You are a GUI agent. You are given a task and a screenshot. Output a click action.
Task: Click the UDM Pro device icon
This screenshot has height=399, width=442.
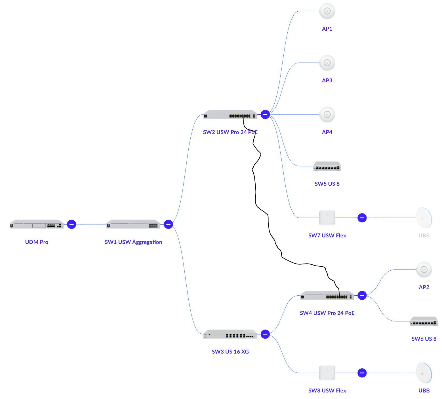37,224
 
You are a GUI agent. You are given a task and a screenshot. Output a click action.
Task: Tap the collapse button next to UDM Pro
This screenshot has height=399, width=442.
71,224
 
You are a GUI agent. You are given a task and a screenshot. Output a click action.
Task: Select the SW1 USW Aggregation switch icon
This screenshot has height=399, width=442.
133,224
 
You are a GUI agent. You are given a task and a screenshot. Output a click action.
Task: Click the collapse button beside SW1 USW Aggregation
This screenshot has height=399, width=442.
169,224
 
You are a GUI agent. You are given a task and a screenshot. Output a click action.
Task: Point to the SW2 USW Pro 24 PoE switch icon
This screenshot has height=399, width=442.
230,114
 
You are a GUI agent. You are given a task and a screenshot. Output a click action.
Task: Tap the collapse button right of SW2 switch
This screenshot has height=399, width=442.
265,114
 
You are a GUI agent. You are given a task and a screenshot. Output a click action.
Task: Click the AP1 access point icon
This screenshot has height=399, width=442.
327,11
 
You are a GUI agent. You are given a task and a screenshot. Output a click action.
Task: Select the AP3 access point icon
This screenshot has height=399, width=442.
327,63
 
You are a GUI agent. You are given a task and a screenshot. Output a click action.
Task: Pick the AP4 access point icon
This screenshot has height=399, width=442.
327,114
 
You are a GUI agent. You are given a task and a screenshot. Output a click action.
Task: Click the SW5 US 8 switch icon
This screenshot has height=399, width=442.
327,166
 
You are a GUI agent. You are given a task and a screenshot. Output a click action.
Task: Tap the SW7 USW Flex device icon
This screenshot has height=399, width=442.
327,218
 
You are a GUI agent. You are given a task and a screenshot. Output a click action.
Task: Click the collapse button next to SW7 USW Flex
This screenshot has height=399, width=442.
362,218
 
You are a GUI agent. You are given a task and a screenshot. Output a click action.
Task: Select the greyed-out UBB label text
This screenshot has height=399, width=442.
424,235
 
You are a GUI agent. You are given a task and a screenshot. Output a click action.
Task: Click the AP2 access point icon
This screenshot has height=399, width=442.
424,270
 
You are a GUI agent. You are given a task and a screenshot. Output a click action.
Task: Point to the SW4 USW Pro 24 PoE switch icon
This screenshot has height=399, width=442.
327,296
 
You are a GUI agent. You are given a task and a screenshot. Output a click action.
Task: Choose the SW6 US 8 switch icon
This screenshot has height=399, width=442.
424,321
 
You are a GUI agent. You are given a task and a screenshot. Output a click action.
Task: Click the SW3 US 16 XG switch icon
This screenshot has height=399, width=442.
230,334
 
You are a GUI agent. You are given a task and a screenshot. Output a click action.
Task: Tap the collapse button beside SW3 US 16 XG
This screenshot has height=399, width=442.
265,334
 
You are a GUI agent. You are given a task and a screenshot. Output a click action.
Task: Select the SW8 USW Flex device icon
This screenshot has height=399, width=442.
327,373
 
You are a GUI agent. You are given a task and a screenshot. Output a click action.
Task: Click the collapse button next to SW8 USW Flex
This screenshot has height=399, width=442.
362,373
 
